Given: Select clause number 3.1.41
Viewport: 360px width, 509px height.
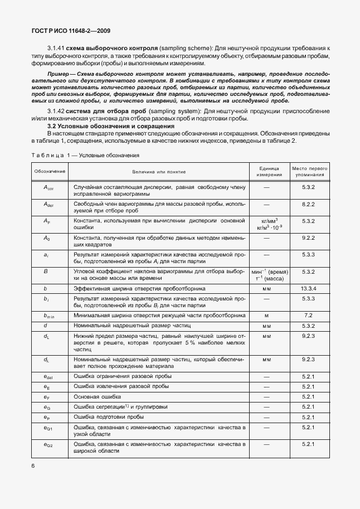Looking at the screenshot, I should pyautogui.click(x=56, y=49).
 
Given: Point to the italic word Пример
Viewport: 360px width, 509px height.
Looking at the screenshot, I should pyautogui.click(x=59, y=74).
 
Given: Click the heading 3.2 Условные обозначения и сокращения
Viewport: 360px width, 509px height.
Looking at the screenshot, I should pyautogui.click(x=111, y=127).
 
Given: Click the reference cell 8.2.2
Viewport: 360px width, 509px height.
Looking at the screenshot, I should pyautogui.click(x=309, y=205).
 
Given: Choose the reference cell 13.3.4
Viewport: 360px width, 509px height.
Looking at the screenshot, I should pyautogui.click(x=309, y=289).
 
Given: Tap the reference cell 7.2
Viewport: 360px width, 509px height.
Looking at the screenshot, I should pyautogui.click(x=309, y=315).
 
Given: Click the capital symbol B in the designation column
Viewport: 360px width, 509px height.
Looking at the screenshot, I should pyautogui.click(x=45, y=272).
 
